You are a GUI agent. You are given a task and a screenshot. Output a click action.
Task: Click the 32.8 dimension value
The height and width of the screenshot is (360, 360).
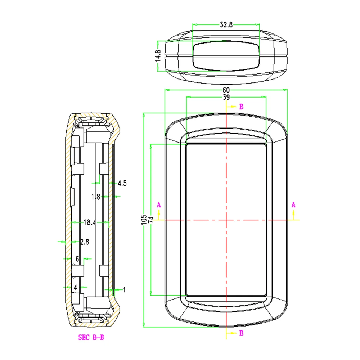coord(226,24)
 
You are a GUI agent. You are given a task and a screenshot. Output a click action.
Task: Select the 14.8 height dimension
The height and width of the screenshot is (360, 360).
coord(158,56)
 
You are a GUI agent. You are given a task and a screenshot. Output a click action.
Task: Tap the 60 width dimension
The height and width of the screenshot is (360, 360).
coord(226,90)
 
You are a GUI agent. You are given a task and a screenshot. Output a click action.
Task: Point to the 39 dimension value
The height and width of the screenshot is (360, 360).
coord(226,97)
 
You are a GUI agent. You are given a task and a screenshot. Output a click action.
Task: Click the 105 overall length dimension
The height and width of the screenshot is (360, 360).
coord(144,220)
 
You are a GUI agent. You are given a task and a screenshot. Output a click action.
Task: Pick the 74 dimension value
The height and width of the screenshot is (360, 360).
coord(151,220)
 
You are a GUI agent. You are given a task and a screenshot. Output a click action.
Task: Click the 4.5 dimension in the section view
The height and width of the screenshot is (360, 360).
coord(122,183)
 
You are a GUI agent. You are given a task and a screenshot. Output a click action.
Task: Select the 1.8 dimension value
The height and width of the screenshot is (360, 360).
coord(95,197)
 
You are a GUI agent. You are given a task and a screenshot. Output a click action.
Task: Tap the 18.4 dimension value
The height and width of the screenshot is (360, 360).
coord(90,222)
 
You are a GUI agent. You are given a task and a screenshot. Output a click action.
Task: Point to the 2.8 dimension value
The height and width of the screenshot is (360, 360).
coord(85,242)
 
